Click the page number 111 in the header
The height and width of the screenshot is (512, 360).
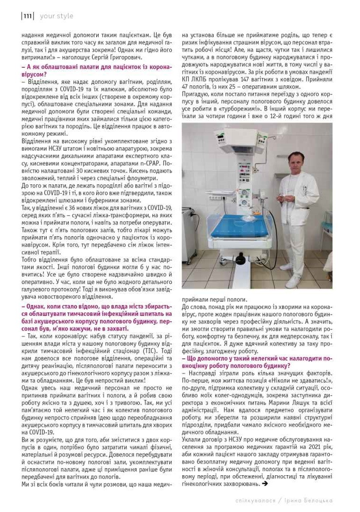tap(27, 16)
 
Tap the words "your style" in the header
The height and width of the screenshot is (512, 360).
tap(57, 16)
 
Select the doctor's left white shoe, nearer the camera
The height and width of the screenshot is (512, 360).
tap(293, 281)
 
